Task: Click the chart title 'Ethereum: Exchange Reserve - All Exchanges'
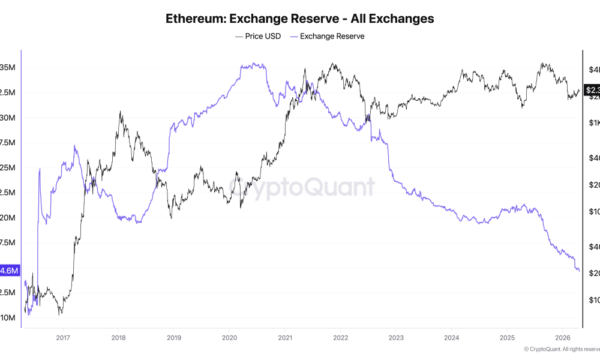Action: (299, 19)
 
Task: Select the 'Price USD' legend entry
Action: (258, 36)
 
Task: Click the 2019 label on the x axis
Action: (173, 338)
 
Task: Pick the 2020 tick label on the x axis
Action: (229, 338)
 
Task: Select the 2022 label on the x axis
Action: (340, 338)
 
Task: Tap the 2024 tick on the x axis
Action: (451, 338)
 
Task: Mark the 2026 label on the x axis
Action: (562, 338)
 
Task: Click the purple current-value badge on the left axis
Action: (10, 271)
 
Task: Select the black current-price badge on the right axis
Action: (592, 91)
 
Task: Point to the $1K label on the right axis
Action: (593, 123)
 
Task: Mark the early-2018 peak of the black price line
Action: (121, 112)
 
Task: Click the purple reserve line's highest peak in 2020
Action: (254, 64)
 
